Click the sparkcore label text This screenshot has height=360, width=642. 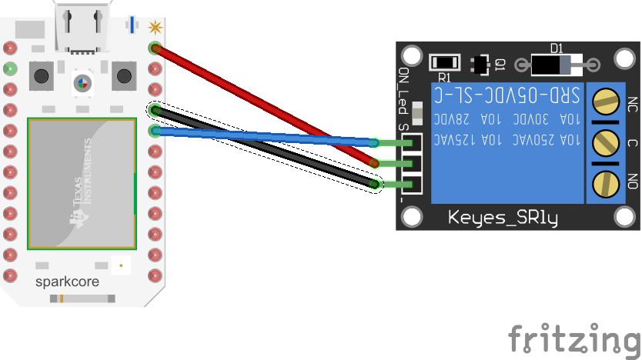tap(67, 282)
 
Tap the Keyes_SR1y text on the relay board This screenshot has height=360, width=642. tap(503, 218)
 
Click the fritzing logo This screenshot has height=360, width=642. tap(574, 338)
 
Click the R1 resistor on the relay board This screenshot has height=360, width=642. tap(444, 62)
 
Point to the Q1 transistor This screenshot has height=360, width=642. tap(482, 65)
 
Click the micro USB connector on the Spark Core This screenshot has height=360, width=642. tap(81, 27)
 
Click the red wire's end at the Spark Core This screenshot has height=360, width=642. tap(155, 48)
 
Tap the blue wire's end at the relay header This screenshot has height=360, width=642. tap(373, 142)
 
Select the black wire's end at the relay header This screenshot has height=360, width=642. tap(375, 184)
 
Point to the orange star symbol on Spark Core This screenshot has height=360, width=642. tap(155, 28)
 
